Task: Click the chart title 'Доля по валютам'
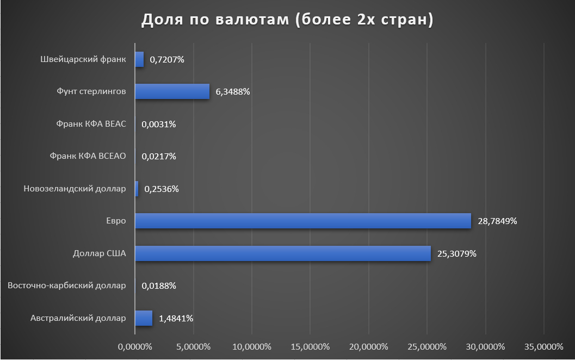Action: coord(287,20)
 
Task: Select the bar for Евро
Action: coord(302,221)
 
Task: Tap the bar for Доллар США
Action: coord(283,253)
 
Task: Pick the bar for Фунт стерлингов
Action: coord(172,92)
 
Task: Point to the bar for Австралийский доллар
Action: coord(144,318)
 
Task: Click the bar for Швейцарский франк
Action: coord(139,59)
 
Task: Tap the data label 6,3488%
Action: coord(232,92)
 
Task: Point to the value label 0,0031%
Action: coord(158,124)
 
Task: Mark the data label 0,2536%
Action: coord(161,189)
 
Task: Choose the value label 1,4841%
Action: coord(176,318)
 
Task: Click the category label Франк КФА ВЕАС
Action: coord(91,124)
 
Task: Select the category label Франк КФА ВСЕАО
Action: coord(88,157)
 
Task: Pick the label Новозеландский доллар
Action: coord(75,189)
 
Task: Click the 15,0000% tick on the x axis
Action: coord(310,346)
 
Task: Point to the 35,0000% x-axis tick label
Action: coord(543,346)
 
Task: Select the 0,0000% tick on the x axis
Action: coord(134,346)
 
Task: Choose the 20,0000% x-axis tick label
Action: coord(368,346)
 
